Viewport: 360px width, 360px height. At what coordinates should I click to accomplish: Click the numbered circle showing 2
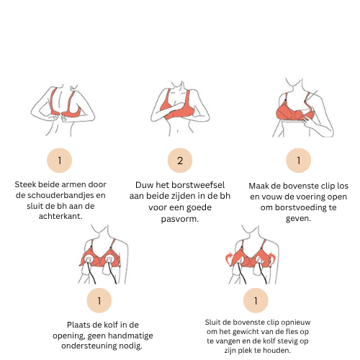point(180,161)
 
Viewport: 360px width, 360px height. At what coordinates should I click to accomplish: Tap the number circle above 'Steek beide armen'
point(60,161)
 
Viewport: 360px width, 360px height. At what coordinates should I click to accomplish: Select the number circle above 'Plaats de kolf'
point(99,300)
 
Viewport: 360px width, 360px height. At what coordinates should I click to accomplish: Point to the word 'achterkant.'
point(60,216)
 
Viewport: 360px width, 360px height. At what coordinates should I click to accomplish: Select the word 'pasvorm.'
point(180,219)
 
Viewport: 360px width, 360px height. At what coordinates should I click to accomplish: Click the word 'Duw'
point(144,185)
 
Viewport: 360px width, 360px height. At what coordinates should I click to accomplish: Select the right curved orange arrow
point(271,258)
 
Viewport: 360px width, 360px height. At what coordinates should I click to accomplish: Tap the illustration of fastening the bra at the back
point(63,110)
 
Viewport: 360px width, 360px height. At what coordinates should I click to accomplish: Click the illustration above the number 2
point(180,109)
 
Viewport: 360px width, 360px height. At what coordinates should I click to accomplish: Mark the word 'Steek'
point(25,184)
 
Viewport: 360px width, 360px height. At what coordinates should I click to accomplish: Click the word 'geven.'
point(298,219)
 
